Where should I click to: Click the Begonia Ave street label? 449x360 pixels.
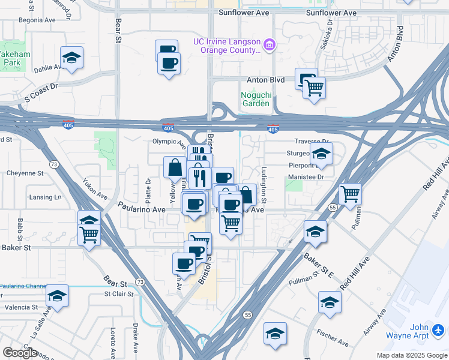click(x=37, y=20)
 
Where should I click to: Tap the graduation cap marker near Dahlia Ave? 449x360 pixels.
click(x=72, y=58)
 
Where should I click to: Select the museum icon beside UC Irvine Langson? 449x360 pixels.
click(x=270, y=44)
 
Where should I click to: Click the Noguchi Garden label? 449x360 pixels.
click(x=256, y=98)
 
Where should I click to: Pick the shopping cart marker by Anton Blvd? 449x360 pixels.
click(x=314, y=88)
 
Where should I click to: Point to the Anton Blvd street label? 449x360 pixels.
click(x=265, y=79)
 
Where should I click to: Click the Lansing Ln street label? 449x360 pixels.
click(x=46, y=197)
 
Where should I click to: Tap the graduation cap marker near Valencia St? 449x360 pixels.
click(x=57, y=296)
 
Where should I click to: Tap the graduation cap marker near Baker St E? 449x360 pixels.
click(x=315, y=232)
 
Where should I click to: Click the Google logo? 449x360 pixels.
click(x=20, y=352)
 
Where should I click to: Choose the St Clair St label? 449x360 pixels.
click(x=117, y=293)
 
